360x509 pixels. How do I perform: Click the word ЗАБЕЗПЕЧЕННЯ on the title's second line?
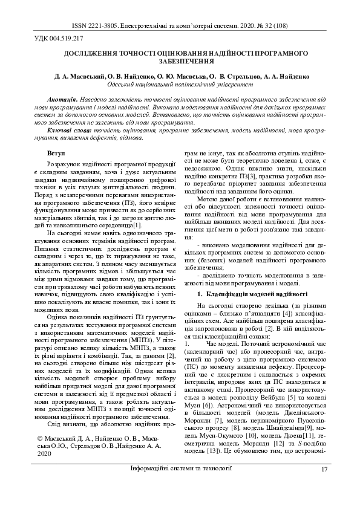point(180,61)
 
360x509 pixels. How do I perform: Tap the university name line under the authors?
point(180,85)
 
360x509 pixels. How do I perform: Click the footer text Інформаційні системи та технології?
point(180,486)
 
